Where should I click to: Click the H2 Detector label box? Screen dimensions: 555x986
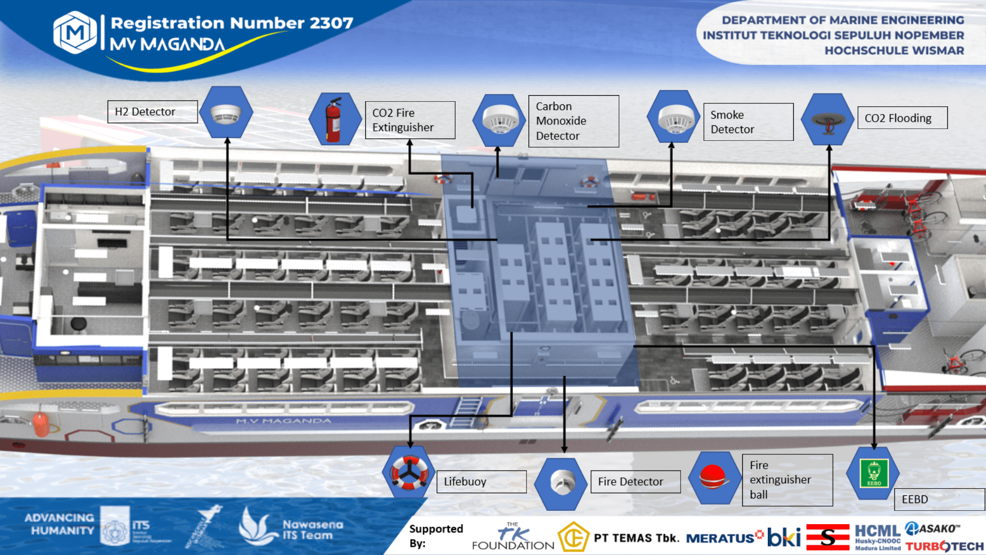click(152, 112)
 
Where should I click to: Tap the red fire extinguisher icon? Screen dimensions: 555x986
click(334, 120)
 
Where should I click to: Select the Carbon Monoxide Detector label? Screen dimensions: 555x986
click(573, 121)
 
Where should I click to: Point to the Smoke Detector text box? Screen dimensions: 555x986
click(748, 122)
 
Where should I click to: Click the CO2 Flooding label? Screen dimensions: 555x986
click(902, 118)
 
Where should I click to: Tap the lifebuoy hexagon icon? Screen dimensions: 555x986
click(409, 472)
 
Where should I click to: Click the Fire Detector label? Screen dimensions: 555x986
click(635, 482)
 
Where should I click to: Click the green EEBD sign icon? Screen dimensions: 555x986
click(874, 473)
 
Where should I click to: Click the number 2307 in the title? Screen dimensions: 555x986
click(331, 23)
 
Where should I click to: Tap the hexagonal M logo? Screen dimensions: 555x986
click(75, 32)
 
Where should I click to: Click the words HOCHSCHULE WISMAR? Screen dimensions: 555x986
click(894, 51)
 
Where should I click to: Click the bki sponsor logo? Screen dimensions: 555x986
click(784, 537)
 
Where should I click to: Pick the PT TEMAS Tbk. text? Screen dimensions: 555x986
click(636, 538)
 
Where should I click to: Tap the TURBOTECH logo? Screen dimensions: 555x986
click(944, 546)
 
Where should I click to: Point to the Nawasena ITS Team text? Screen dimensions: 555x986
click(312, 530)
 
